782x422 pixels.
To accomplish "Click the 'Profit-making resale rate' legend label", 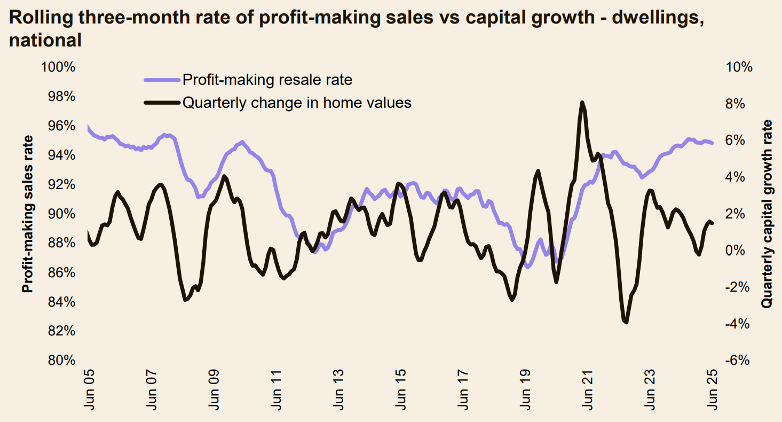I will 267,80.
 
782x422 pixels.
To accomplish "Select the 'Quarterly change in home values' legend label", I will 297,103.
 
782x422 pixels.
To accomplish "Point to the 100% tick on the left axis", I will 57,67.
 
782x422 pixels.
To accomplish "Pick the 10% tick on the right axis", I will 739,67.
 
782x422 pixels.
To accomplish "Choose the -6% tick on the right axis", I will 740,361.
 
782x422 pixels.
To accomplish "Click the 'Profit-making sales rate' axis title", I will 27,214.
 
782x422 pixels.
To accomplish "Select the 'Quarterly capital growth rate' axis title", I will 767,214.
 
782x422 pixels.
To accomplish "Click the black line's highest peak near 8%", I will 582,102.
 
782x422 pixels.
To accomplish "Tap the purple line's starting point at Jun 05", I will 87,127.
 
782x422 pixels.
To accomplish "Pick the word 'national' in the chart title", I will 45,40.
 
